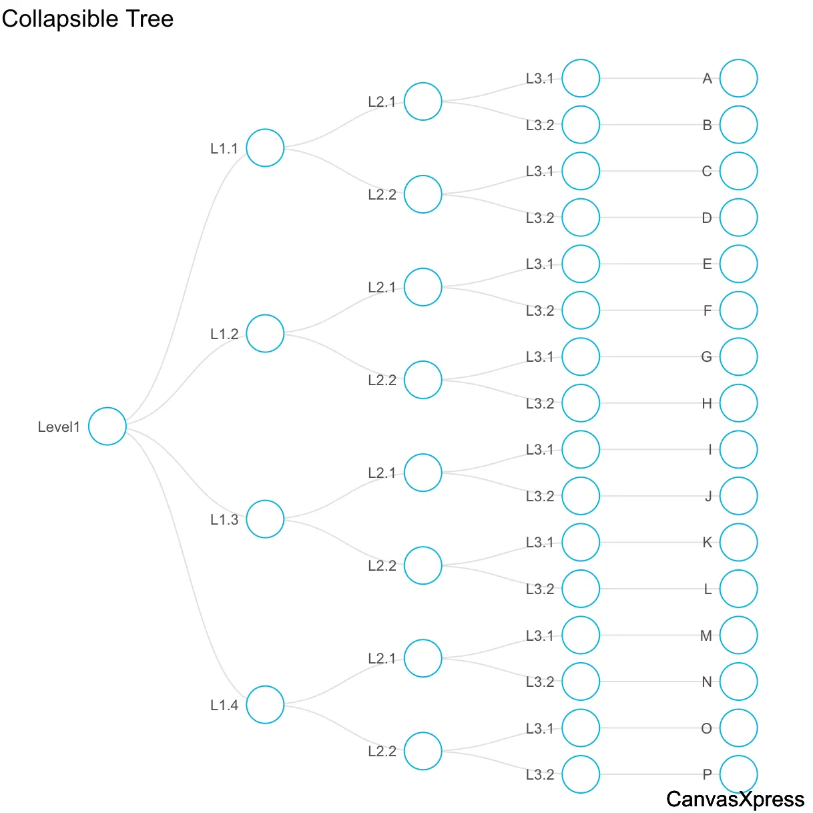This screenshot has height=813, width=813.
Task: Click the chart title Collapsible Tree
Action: [87, 19]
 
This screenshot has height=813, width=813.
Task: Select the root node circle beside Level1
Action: [107, 426]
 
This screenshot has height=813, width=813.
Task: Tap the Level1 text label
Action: [59, 427]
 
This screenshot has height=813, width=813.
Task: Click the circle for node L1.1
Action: [265, 148]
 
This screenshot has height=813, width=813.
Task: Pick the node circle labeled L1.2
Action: [265, 333]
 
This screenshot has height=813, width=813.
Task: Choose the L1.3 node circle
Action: [265, 519]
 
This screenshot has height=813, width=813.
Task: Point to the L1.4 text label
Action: [224, 706]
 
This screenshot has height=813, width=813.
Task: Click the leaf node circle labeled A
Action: [738, 78]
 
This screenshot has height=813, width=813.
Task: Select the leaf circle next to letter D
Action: [738, 218]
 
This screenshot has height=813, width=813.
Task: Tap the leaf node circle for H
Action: [738, 403]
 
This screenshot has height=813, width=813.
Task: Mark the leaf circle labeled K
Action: [738, 542]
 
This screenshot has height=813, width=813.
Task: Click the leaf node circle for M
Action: [738, 635]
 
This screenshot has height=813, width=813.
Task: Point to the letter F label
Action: [707, 311]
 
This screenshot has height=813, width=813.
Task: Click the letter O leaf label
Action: [706, 729]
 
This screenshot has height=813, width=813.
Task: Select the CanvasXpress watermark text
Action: [735, 799]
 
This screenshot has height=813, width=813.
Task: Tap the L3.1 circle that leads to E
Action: [581, 264]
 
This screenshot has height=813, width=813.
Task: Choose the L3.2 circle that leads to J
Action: [581, 496]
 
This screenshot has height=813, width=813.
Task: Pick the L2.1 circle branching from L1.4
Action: [423, 658]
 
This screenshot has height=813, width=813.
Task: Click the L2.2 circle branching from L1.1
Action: [423, 194]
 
